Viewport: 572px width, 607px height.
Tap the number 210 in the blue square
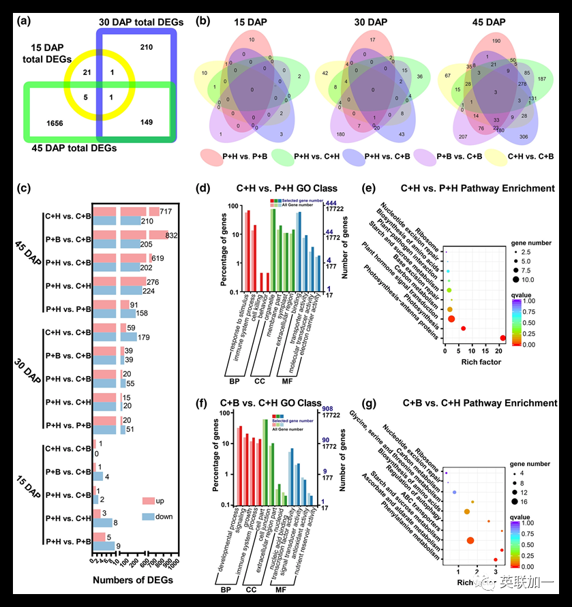pos(146,48)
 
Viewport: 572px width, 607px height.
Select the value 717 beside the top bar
pos(166,212)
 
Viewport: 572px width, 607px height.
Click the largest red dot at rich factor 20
pos(502,338)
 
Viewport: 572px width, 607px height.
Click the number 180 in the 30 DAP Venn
pos(339,134)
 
